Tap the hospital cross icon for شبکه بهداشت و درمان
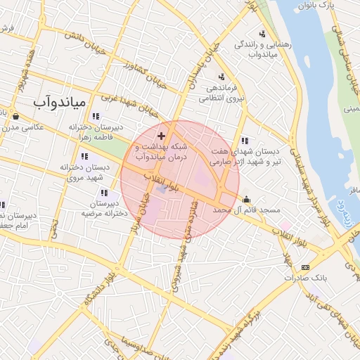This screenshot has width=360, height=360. [162, 134]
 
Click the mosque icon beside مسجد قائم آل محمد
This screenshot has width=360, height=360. [246, 198]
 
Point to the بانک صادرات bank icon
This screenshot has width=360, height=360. [305, 267]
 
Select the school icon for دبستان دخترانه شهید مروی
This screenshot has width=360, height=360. [84, 156]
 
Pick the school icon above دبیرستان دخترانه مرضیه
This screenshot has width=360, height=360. [105, 193]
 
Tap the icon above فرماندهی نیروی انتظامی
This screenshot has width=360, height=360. [221, 77]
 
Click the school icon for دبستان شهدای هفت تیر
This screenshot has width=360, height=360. [244, 140]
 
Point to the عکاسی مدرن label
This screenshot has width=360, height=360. [24, 127]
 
